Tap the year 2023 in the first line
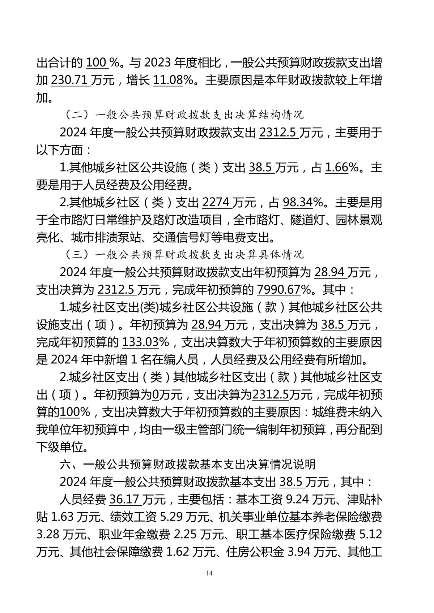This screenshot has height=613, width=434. point(157,63)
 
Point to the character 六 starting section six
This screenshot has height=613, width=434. point(65,464)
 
